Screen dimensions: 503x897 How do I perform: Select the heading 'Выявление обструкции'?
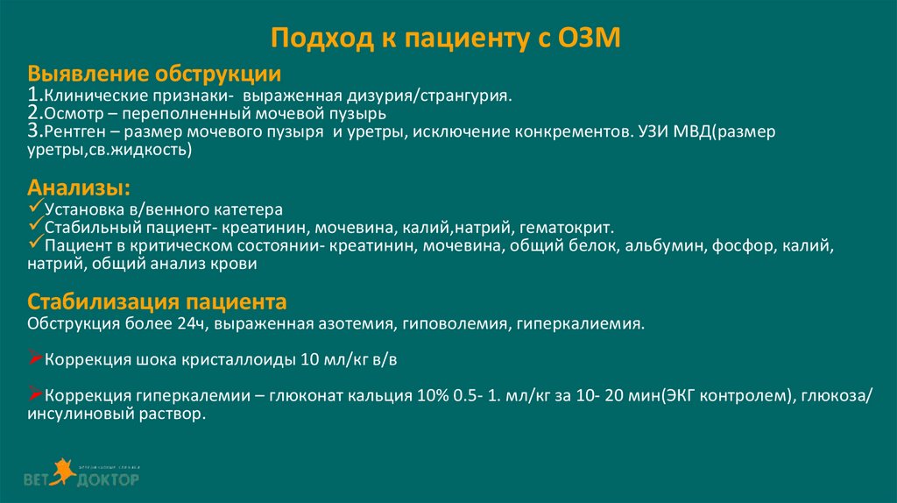point(154,73)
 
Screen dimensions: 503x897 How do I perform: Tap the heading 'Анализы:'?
point(81,188)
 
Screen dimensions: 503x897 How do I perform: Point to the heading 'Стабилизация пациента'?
point(157,302)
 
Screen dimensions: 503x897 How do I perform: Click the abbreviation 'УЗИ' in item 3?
point(646,132)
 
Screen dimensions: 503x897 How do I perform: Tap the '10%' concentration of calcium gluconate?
point(423,397)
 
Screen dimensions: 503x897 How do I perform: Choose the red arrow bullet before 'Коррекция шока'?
point(36,358)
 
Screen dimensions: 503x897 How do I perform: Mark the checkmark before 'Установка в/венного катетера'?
point(35,209)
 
